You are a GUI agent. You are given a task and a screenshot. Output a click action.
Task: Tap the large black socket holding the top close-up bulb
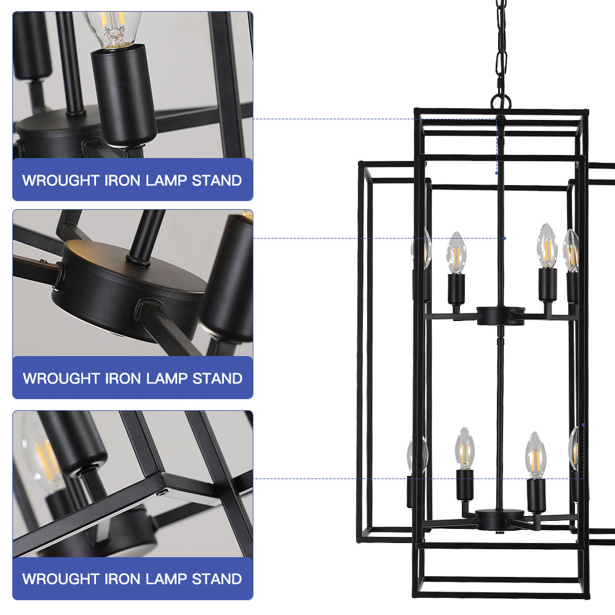tap(124, 96)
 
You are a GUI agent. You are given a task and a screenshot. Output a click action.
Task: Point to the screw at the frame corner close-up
tap(161, 493)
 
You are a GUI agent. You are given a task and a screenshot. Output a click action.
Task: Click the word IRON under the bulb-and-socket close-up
tap(122, 180)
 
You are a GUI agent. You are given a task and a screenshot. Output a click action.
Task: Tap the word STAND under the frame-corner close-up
tap(216, 579)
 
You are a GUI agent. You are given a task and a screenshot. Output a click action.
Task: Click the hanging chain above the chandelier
tap(501, 47)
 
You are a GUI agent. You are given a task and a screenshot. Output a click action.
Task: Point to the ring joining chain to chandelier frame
tap(501, 102)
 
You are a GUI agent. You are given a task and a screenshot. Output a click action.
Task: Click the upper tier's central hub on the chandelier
tap(501, 315)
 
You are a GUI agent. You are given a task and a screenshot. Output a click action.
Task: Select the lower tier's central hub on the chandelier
tap(499, 519)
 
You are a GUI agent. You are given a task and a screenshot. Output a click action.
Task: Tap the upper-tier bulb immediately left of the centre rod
tap(456, 253)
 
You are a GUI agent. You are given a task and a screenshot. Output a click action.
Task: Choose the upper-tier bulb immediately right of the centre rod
tap(547, 246)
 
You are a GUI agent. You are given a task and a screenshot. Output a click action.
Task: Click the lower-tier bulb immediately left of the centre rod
tap(465, 449)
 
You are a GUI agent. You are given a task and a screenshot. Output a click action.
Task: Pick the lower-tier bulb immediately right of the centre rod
tap(536, 455)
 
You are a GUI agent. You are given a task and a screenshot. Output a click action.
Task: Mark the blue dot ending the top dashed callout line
tap(496, 173)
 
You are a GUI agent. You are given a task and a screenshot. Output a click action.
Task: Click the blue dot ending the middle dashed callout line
tap(505, 238)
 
